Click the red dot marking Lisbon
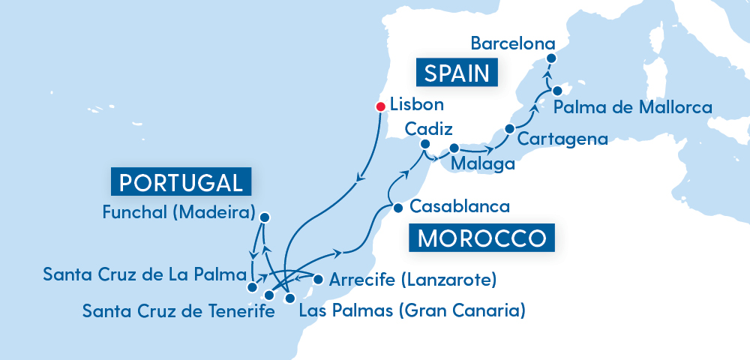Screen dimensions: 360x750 [381, 106]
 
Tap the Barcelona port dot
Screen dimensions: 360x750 [551, 58]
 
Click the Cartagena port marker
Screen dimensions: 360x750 [510, 129]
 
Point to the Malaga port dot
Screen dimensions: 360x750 [454, 148]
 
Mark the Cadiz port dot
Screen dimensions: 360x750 [424, 144]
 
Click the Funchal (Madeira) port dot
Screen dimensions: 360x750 [264, 217]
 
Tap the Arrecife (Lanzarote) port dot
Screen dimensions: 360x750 [318, 280]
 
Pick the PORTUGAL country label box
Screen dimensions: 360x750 [180, 183]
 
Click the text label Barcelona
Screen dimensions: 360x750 [513, 43]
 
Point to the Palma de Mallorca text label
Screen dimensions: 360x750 [632, 108]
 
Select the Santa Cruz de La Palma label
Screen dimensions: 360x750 [145, 274]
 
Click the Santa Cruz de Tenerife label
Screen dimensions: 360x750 [178, 310]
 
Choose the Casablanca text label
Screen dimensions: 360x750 [461, 206]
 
